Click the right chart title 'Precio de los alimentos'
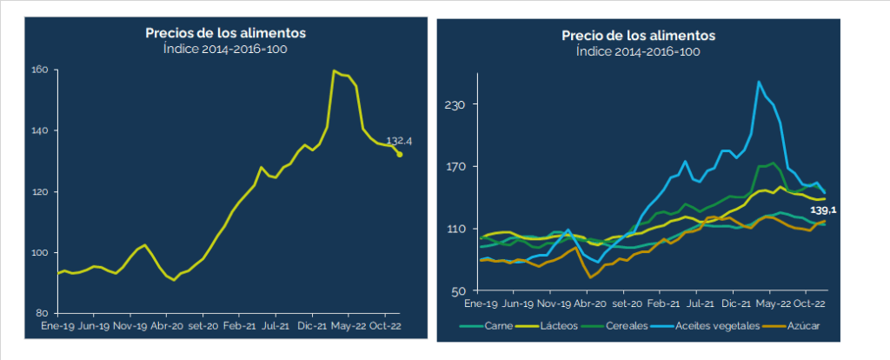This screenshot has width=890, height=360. [638, 36]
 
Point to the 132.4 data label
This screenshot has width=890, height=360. [398, 140]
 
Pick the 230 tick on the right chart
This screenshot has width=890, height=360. [456, 104]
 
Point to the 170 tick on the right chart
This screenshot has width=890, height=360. [456, 167]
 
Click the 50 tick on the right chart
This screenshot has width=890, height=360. [459, 291]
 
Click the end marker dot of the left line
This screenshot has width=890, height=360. [400, 155]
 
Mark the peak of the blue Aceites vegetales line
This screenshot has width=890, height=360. [759, 82]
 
